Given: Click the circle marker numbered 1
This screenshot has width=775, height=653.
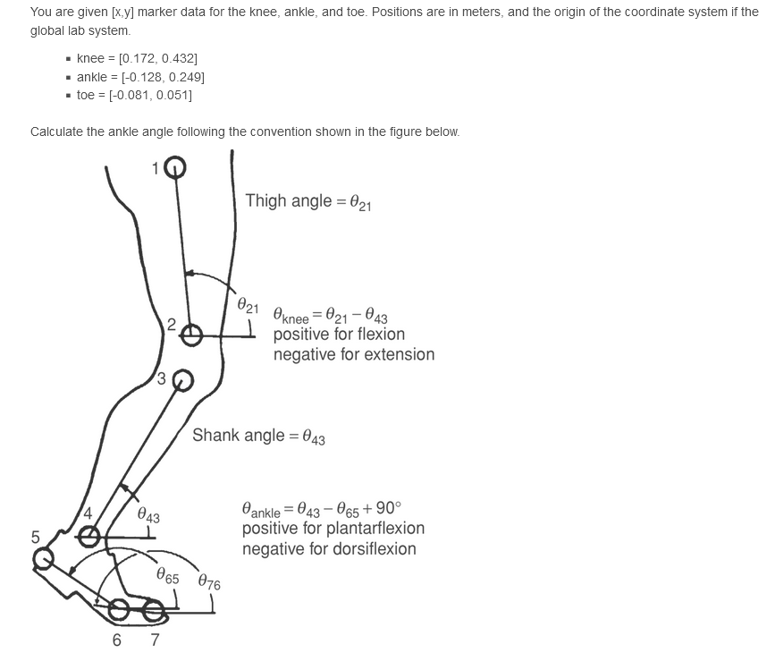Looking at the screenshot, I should click(x=175, y=167).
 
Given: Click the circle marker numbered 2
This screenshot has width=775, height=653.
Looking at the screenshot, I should click(x=191, y=335).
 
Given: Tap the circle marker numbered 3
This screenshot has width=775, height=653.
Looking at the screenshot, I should click(x=182, y=380).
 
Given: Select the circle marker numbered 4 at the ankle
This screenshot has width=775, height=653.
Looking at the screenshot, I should click(x=89, y=536).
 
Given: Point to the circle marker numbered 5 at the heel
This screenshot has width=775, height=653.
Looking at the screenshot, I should click(x=43, y=559).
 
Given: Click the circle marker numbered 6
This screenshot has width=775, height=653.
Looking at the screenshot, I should click(x=119, y=611).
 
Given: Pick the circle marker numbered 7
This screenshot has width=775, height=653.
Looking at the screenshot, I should click(x=154, y=611).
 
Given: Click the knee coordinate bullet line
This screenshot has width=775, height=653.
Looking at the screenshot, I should click(x=137, y=58).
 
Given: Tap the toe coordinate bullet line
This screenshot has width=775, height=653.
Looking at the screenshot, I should click(x=134, y=95).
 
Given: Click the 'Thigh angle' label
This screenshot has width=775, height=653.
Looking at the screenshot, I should click(x=308, y=201).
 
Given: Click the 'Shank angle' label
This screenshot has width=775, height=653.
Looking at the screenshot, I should click(x=258, y=437).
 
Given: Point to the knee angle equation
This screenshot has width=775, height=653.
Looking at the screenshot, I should click(x=330, y=316).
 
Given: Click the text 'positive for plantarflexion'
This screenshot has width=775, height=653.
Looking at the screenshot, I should click(x=333, y=529).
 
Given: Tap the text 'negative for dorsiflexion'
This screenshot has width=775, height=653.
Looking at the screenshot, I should click(x=328, y=548).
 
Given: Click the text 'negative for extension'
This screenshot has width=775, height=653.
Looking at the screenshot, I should click(x=353, y=354).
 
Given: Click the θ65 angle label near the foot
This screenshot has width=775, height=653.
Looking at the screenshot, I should click(x=167, y=576).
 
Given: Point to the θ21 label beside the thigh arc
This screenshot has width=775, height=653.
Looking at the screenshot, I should click(x=248, y=304).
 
